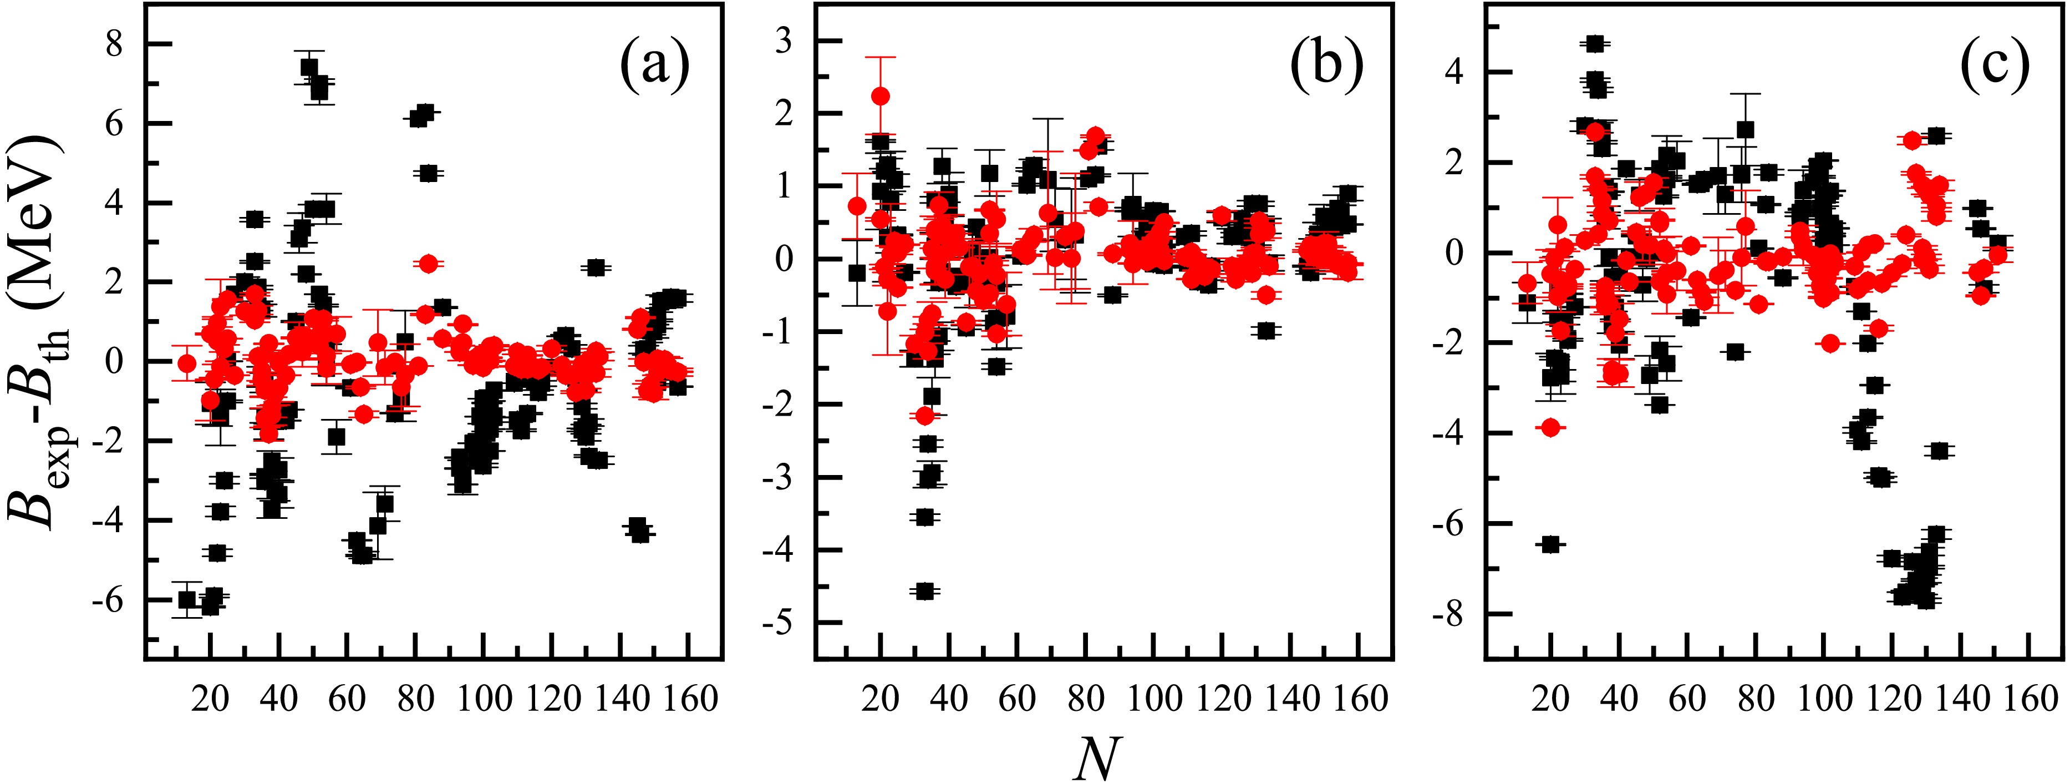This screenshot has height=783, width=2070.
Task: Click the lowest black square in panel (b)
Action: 925,591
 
